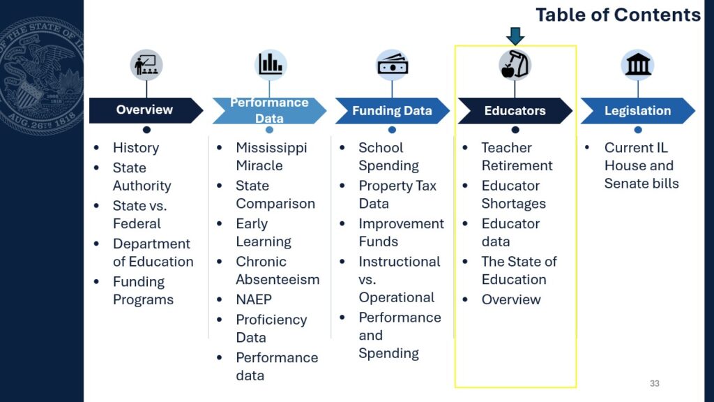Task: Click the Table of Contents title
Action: coord(618,15)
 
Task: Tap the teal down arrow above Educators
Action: coord(515,36)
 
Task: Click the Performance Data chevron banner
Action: coord(269,110)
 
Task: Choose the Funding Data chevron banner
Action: coord(392,110)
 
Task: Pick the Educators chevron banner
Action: coord(515,110)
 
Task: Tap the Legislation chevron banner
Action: coord(637,110)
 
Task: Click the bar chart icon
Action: coord(271,65)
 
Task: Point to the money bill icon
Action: coord(393,65)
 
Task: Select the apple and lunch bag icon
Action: coord(515,65)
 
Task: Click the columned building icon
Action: coord(638,65)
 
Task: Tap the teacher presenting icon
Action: coord(146,65)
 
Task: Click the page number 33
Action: coord(654,383)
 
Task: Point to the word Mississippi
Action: coord(271,148)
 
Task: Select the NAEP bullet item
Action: coord(254,299)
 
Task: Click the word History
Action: coord(136,148)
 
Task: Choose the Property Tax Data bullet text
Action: coord(397,195)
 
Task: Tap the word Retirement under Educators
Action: coord(517,165)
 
